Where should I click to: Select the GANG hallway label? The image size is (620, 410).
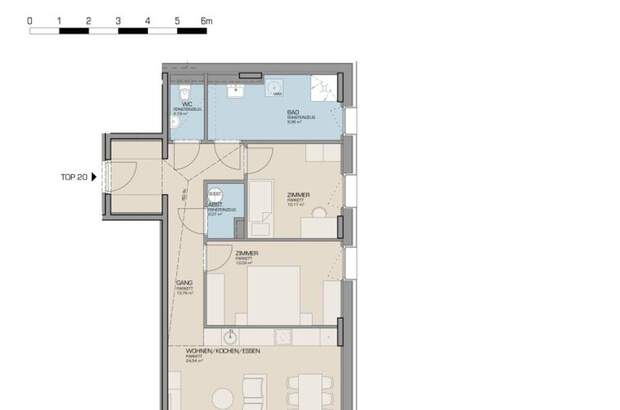[x=184, y=283]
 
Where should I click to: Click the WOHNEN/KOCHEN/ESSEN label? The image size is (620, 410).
[x=217, y=352]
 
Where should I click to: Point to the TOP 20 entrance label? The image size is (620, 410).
[x=74, y=177]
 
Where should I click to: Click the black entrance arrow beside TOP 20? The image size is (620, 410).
[x=95, y=177]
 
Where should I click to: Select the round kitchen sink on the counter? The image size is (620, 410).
[x=231, y=336]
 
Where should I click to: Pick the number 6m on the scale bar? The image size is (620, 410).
[x=206, y=20]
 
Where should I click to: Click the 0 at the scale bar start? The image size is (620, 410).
[x=30, y=20]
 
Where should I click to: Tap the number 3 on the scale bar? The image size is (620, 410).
[x=118, y=20]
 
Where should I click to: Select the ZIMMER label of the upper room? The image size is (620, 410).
[x=297, y=195]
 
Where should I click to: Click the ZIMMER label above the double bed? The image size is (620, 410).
[x=247, y=254]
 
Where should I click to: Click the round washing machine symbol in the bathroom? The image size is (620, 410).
[x=277, y=94]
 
